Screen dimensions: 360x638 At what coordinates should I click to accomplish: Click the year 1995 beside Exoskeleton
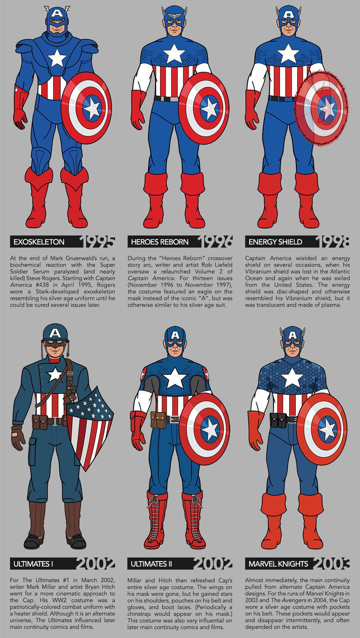click(x=97, y=241)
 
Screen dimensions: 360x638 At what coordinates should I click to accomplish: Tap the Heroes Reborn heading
click(x=160, y=242)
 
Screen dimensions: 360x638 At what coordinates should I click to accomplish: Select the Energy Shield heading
click(x=275, y=242)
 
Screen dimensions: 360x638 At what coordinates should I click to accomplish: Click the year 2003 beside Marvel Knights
click(x=331, y=564)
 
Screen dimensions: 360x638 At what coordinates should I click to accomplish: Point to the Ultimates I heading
click(x=33, y=564)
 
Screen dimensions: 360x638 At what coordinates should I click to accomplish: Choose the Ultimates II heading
click(x=151, y=564)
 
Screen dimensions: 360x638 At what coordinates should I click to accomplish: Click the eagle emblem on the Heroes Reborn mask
click(x=174, y=16)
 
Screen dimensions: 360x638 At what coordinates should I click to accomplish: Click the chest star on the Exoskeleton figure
click(x=57, y=58)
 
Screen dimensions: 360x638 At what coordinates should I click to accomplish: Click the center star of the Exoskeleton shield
click(x=92, y=108)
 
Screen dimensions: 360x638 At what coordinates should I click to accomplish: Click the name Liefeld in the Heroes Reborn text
click(x=222, y=265)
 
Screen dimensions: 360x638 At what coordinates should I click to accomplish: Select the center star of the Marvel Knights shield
click(x=327, y=429)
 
